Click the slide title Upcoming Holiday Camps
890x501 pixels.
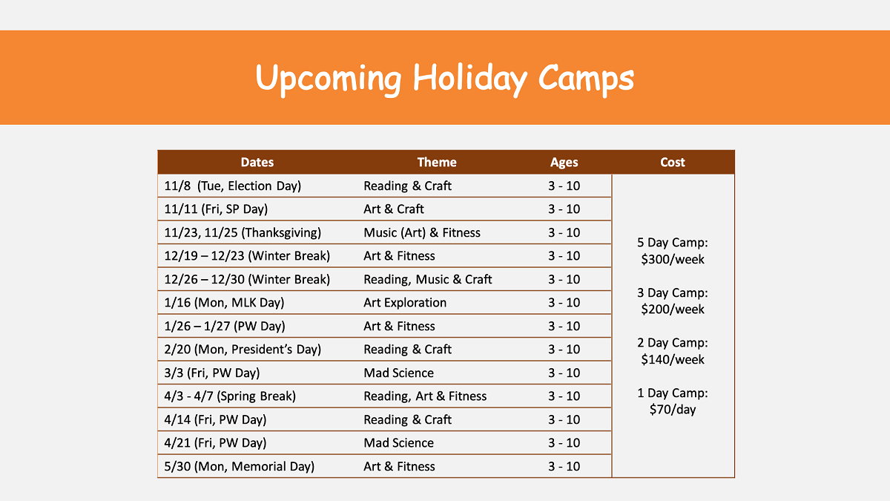[x=444, y=78]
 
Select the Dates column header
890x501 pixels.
[x=257, y=163]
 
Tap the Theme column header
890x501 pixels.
[x=437, y=163]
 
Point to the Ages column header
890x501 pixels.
[x=564, y=163]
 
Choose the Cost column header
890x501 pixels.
[x=673, y=163]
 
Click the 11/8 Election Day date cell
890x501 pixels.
[x=233, y=186]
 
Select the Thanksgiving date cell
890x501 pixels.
[x=243, y=233]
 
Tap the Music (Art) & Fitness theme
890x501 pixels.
[x=422, y=233]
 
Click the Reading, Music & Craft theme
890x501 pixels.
[x=428, y=280]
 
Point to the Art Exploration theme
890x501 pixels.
[x=405, y=303]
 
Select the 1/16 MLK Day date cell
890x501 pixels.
[x=224, y=303]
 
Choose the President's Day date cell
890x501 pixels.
[x=243, y=350]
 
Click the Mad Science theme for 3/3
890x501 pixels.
[x=398, y=373]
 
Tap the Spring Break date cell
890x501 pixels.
[x=230, y=396]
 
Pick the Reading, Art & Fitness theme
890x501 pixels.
[x=425, y=396]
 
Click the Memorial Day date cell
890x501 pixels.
[x=240, y=467]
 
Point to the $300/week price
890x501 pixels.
[x=673, y=260]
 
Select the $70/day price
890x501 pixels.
[x=673, y=410]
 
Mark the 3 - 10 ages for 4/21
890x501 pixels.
[x=564, y=443]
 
